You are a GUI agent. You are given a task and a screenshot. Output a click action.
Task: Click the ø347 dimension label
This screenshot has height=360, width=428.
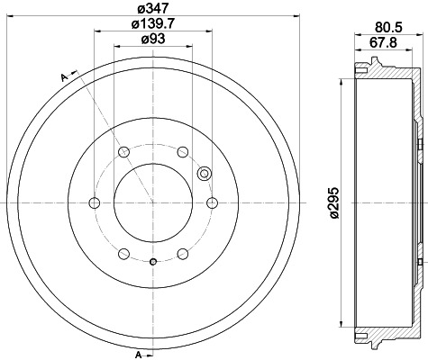point(152,9)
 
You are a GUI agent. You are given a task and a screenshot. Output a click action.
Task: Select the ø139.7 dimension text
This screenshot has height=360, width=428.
point(152,23)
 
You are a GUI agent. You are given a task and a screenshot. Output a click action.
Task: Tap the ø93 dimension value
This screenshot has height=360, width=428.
point(152,40)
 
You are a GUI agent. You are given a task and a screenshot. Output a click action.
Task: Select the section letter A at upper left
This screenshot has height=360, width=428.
point(64,78)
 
